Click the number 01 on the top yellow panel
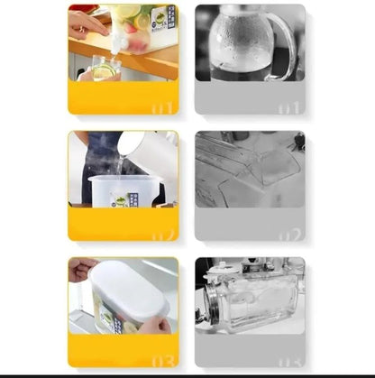(x=162, y=107)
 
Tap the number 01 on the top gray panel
(x=289, y=107)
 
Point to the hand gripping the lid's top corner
(x=81, y=269)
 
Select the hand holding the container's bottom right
(x=155, y=323)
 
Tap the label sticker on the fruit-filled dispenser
(x=161, y=18)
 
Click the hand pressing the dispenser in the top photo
(x=86, y=22)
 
